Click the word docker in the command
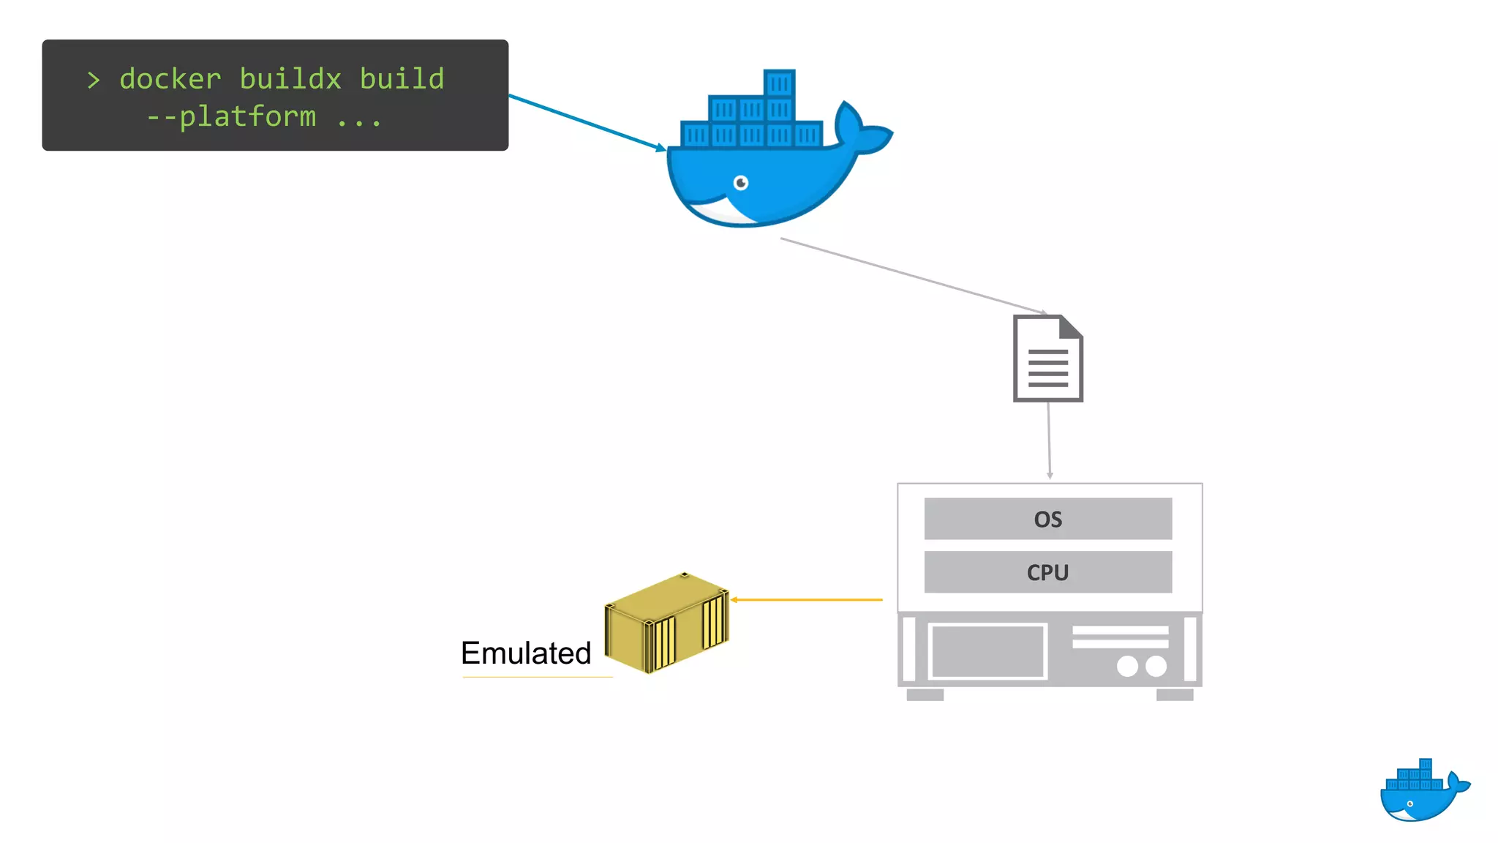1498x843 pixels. click(x=170, y=79)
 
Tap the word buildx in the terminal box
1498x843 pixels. click(x=290, y=79)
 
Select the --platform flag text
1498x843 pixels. click(x=232, y=116)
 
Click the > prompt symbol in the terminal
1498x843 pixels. click(x=93, y=80)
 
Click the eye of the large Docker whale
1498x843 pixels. click(x=741, y=182)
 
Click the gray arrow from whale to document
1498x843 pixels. click(x=914, y=276)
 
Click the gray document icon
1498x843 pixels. click(x=1047, y=359)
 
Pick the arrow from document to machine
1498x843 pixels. click(x=1049, y=439)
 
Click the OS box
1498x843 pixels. click(x=1047, y=519)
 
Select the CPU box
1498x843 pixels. click(x=1047, y=572)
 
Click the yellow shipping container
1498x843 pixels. click(x=666, y=622)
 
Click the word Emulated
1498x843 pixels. click(x=526, y=653)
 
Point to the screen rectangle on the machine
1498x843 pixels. click(x=987, y=651)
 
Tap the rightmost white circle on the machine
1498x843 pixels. click(x=1156, y=666)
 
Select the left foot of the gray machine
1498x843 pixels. click(x=925, y=694)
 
